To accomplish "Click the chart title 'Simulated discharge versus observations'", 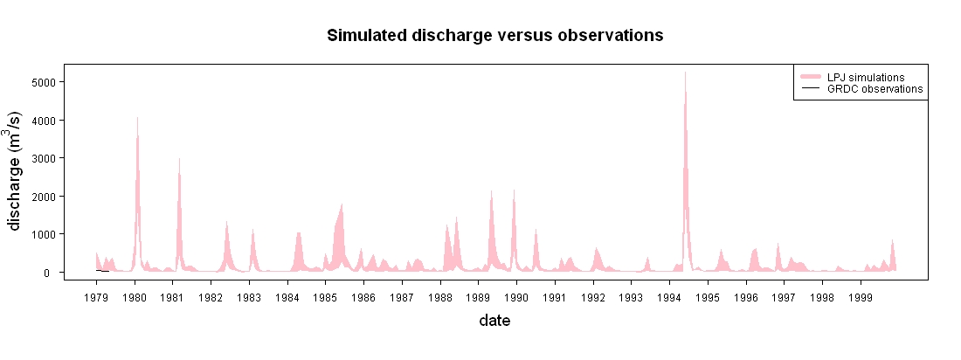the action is click(x=495, y=36).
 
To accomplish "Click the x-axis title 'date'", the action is click(x=494, y=320).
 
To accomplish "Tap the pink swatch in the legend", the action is click(x=810, y=77).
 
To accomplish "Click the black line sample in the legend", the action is click(x=810, y=89).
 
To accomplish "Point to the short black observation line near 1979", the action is click(x=102, y=271).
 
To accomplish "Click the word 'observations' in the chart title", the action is click(x=610, y=36).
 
